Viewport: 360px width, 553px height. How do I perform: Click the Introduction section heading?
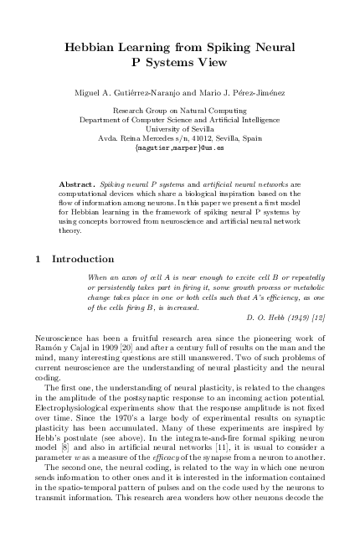(83, 259)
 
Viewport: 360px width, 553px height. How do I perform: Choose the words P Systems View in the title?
(179, 61)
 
